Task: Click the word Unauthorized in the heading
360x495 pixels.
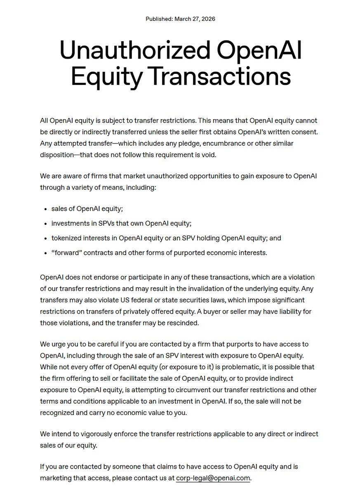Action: pos(134,51)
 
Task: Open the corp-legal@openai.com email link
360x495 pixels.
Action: pos(213,478)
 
